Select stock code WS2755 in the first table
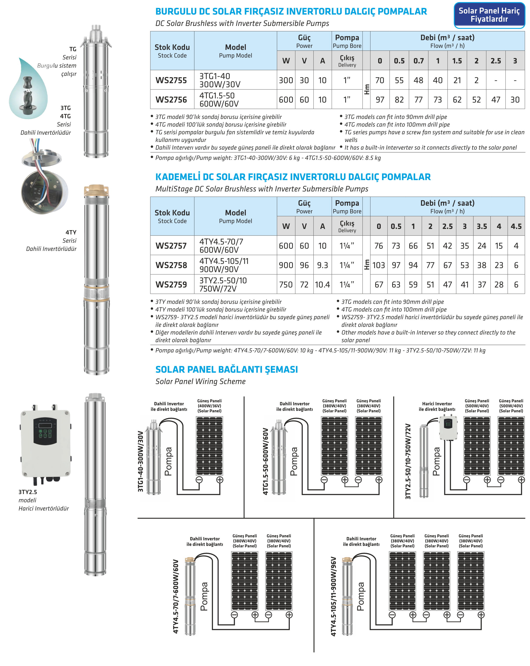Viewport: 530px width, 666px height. click(171, 80)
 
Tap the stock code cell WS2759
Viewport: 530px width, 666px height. click(171, 285)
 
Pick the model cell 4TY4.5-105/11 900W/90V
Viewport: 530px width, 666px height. click(224, 265)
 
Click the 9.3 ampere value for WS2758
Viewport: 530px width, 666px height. click(322, 265)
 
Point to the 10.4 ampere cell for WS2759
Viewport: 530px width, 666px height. click(322, 285)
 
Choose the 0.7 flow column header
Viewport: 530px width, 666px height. click(418, 61)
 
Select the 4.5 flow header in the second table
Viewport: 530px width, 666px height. click(516, 227)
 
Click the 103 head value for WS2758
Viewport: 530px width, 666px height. click(379, 265)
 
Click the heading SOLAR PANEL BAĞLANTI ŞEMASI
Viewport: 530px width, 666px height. click(226, 369)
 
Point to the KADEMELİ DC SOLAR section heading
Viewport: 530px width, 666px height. click(293, 177)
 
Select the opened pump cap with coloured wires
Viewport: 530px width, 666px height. click(43, 179)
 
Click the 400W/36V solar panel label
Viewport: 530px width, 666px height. click(209, 406)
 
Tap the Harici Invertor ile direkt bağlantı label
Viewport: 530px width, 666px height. click(437, 406)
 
